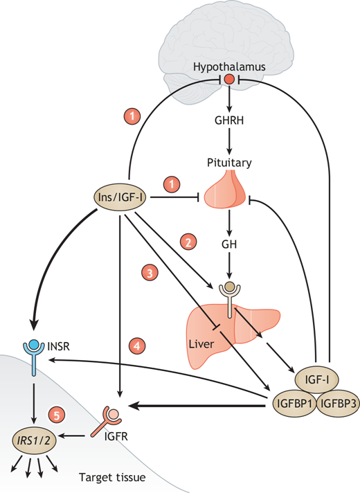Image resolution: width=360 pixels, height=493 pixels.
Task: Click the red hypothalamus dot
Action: tap(229, 79)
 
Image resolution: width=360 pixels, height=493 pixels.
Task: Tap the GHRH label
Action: tap(229, 120)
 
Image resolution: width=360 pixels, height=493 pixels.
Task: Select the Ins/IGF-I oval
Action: tap(120, 197)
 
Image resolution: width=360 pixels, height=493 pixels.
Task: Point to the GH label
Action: tap(229, 244)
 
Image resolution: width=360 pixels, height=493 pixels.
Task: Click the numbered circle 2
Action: tap(188, 242)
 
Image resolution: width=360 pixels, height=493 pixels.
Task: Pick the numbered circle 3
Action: tap(150, 273)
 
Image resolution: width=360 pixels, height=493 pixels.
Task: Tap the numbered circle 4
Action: tap(137, 346)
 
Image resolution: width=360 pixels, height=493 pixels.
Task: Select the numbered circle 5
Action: tap(57, 415)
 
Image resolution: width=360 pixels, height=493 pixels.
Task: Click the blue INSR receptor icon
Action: tap(34, 357)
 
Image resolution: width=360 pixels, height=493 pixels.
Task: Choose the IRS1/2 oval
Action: tap(34, 440)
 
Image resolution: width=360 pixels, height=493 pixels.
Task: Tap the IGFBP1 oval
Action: tap(294, 404)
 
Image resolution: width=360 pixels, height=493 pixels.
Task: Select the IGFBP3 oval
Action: tap(338, 404)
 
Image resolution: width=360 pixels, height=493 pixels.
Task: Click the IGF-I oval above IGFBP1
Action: tap(317, 379)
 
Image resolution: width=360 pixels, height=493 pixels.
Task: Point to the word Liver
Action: tap(201, 343)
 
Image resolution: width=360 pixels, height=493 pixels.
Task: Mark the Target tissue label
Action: tap(112, 477)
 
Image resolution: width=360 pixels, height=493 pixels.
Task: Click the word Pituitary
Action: tap(229, 163)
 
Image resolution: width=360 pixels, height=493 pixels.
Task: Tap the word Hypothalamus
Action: tap(229, 67)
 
